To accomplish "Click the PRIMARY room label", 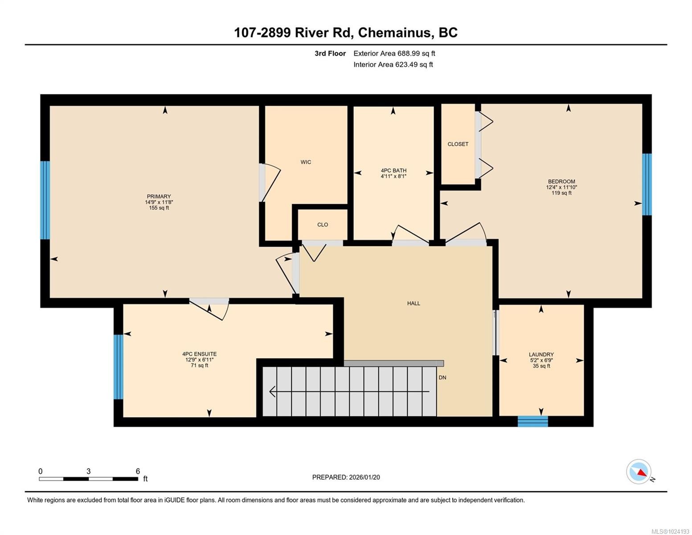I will coord(159,197).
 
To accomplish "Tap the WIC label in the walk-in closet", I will coord(306,162).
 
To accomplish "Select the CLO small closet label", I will coord(323,225).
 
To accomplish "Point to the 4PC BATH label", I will coord(393,170).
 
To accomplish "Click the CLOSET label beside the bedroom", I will coord(458,144).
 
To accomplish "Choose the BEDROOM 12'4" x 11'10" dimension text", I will coord(561,187).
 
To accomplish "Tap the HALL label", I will coord(414,303).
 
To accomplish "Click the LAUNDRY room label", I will coord(541,354).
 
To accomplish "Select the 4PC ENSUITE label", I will coord(200,354).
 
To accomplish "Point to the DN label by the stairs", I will coord(442,378).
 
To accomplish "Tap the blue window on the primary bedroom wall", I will coord(45,200).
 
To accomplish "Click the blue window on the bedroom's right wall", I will coord(647,185).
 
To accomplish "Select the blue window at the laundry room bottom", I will coord(532,421).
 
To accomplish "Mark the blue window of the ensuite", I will coord(118,367).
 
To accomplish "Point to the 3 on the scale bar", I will coord(89,471).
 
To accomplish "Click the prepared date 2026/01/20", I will coord(364,477).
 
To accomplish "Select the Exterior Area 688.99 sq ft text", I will coord(394,53).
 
